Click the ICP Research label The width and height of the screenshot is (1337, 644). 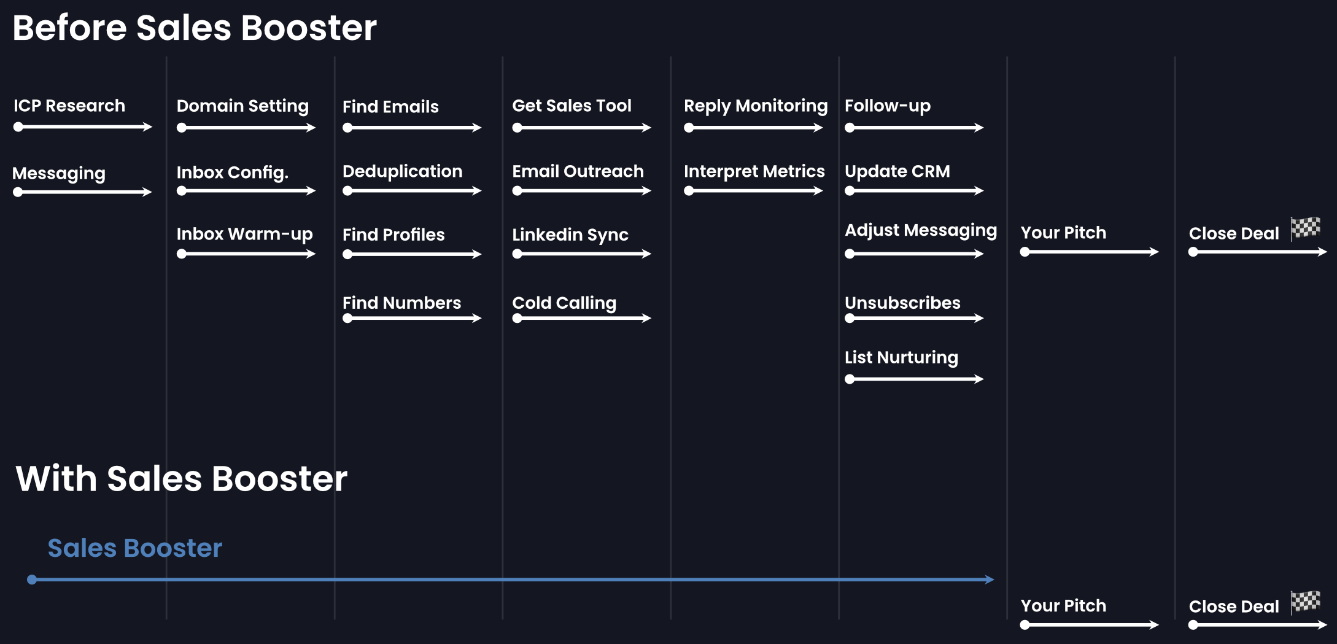point(69,106)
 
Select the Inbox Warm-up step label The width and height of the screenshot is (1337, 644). point(244,234)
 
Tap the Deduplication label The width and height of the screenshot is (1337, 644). point(402,171)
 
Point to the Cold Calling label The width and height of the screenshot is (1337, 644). point(564,303)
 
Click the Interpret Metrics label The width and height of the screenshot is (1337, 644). point(754,171)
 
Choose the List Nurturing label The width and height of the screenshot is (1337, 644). point(901,357)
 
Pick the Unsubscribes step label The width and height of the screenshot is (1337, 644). point(902,303)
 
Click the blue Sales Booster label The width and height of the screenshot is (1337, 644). point(134,548)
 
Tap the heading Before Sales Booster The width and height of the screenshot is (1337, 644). point(194,28)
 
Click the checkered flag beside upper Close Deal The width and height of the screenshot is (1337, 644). point(1305,228)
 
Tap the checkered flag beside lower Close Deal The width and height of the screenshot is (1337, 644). point(1305,602)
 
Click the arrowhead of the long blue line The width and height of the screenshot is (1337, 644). point(990,580)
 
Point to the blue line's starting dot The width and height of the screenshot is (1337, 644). point(32,580)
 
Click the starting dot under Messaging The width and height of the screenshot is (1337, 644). point(18,192)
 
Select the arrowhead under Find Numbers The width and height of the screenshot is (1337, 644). point(477,318)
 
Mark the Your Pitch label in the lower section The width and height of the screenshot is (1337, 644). point(1063,606)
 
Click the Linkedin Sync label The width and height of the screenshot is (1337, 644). point(570,235)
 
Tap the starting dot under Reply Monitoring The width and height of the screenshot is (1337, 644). point(689,128)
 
